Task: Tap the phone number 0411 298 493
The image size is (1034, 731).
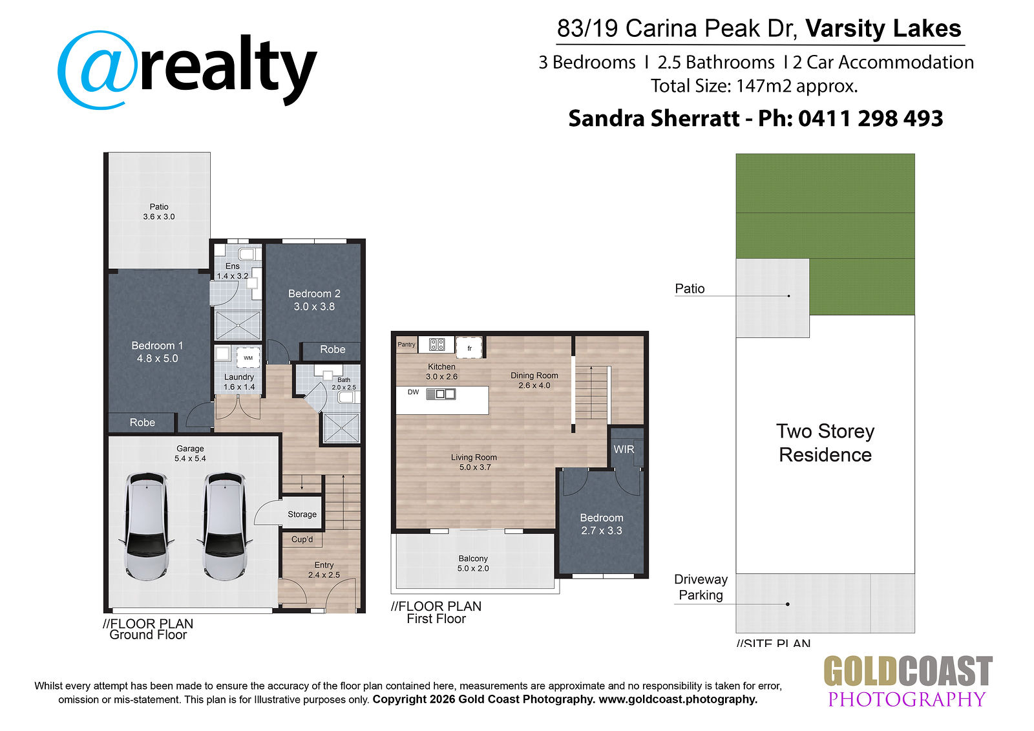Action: tap(870, 118)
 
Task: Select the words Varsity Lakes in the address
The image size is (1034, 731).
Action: tap(883, 28)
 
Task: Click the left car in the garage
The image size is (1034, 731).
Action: tap(147, 525)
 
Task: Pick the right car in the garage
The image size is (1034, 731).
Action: tap(224, 525)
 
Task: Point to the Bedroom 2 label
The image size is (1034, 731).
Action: tap(314, 293)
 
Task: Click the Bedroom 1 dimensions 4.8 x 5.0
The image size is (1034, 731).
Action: tap(158, 358)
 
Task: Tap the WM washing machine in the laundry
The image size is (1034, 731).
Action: tap(248, 358)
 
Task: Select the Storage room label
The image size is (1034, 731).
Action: tap(302, 514)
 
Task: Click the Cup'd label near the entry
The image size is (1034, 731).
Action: tap(302, 539)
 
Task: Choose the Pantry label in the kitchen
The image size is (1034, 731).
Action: tap(406, 344)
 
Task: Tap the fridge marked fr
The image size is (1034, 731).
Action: tap(469, 348)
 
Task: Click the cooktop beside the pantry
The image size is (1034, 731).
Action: tap(437, 344)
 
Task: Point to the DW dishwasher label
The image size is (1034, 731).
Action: tap(413, 392)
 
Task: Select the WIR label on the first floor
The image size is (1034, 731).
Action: tap(624, 449)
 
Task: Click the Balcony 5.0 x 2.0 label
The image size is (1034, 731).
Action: tap(473, 564)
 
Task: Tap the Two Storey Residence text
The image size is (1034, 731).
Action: tap(825, 443)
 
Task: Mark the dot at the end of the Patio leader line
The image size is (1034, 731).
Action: tap(789, 296)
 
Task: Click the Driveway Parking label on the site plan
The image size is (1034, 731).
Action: tap(701, 588)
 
